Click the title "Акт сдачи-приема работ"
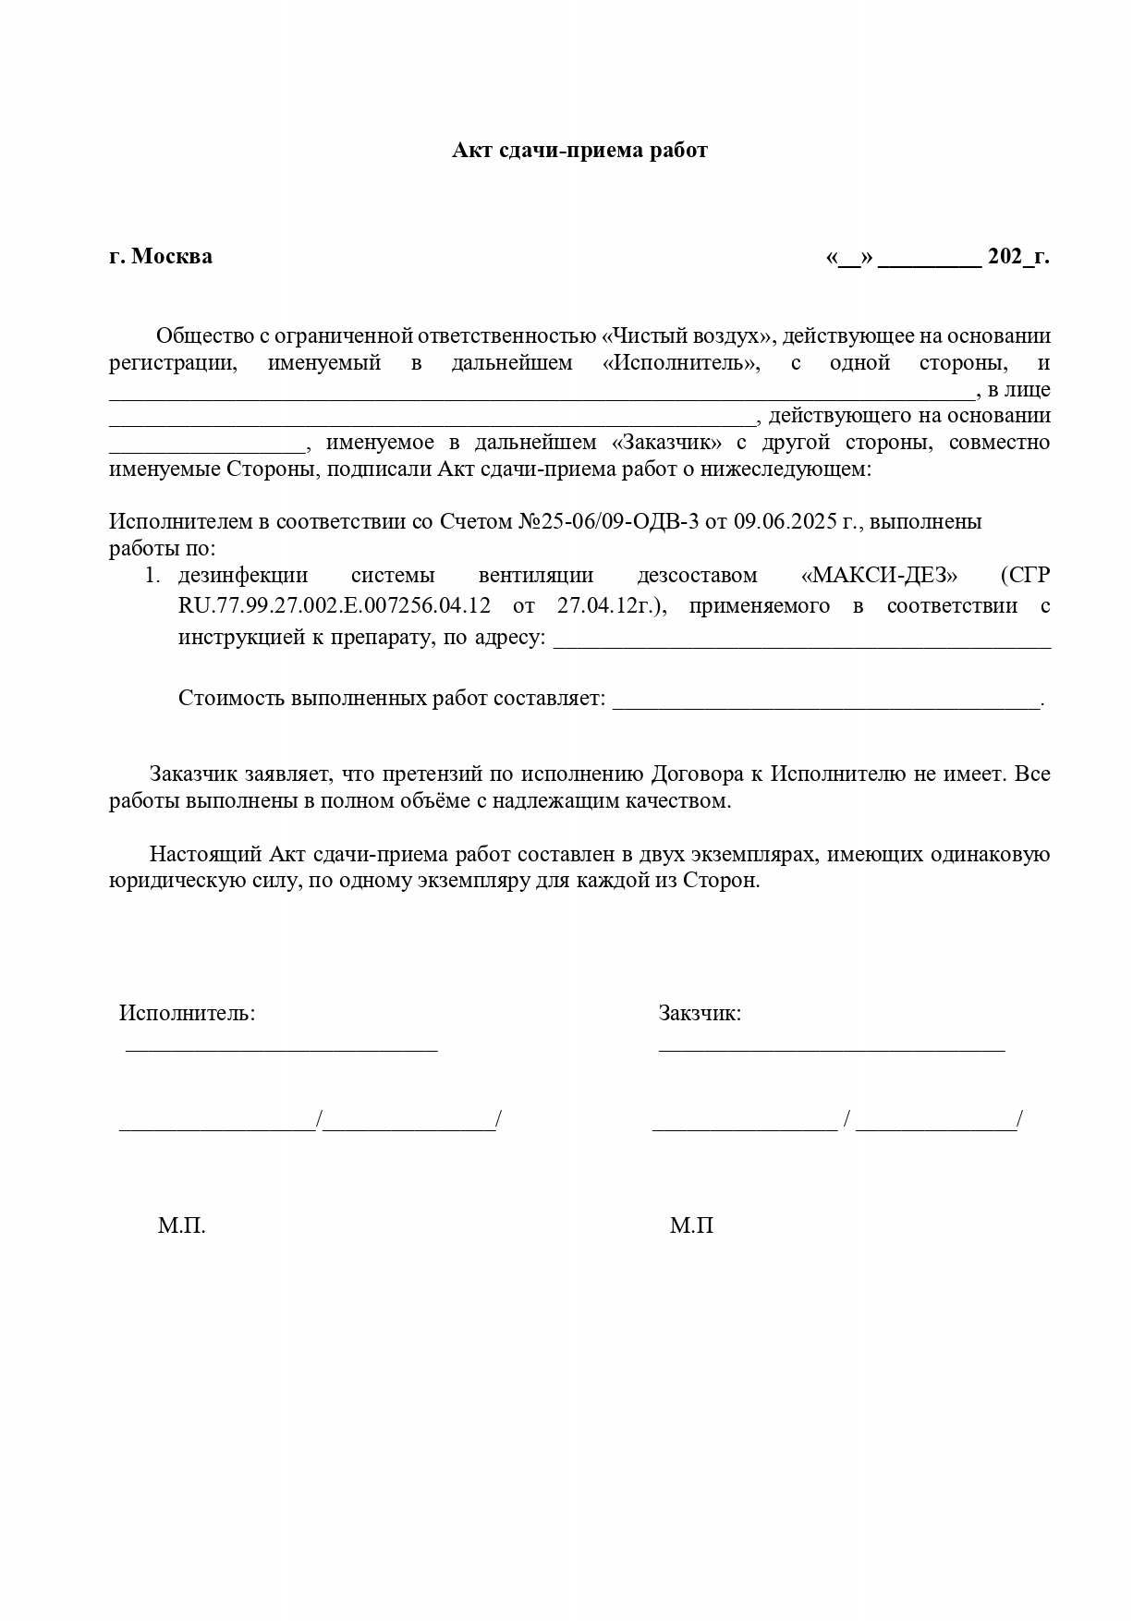[x=579, y=151]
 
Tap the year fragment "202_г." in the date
[x=1017, y=256]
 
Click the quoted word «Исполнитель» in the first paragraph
[x=681, y=362]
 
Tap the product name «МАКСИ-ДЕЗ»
[x=879, y=575]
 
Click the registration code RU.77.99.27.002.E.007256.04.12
[x=335, y=606]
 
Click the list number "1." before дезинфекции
[x=152, y=575]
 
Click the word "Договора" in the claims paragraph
[x=707, y=774]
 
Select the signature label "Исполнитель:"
[x=187, y=1013]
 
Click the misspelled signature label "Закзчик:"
[x=700, y=1013]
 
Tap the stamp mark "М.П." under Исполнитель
[x=181, y=1225]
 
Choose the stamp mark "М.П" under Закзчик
[x=691, y=1225]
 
